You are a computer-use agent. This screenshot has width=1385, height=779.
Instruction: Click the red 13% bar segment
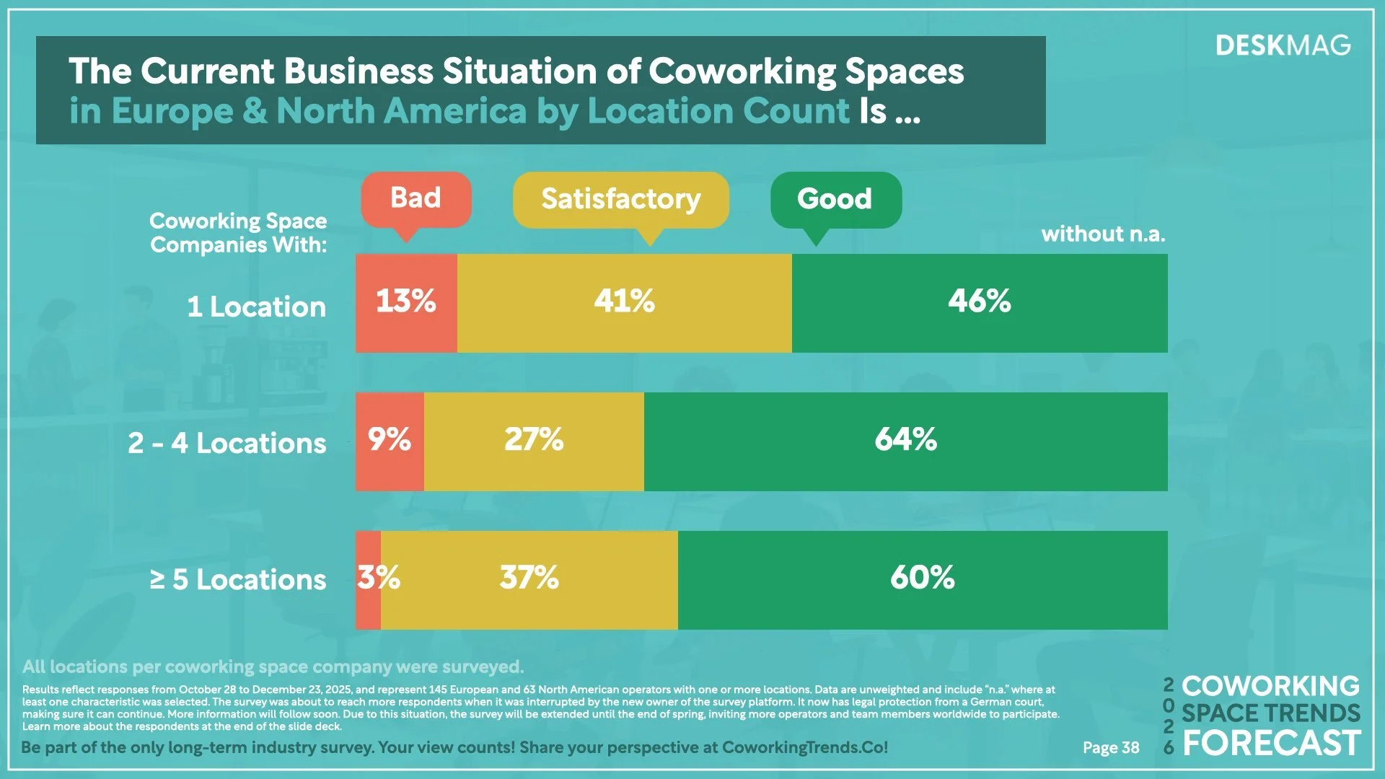[x=406, y=303]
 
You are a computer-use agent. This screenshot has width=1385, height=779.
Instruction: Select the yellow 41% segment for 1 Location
[x=624, y=303]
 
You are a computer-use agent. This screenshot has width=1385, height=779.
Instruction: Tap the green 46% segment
[x=979, y=303]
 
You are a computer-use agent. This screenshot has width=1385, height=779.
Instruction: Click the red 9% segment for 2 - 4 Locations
[x=390, y=441]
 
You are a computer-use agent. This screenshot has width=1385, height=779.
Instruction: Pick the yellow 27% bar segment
[x=534, y=441]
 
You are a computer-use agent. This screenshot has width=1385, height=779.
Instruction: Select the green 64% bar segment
[x=905, y=441]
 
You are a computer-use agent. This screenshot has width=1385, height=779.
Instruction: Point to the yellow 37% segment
[x=529, y=580]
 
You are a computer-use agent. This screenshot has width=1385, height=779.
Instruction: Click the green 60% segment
[x=922, y=580]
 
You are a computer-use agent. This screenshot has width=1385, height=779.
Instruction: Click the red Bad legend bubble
[x=416, y=199]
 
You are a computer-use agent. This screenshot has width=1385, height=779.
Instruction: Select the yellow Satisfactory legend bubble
[x=620, y=199]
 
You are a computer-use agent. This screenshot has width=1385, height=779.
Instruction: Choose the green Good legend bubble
[x=835, y=199]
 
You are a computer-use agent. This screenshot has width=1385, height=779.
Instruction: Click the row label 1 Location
[x=256, y=307]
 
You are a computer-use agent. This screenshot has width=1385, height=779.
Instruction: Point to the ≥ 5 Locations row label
[x=238, y=580]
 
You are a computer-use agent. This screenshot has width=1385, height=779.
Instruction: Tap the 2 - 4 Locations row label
[x=227, y=443]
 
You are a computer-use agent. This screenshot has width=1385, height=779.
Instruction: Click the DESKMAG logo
[x=1283, y=46]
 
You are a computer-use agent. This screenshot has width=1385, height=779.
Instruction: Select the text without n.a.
[x=1103, y=234]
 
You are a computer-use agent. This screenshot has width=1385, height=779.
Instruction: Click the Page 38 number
[x=1111, y=748]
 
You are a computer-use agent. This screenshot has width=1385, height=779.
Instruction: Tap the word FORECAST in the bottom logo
[x=1271, y=744]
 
